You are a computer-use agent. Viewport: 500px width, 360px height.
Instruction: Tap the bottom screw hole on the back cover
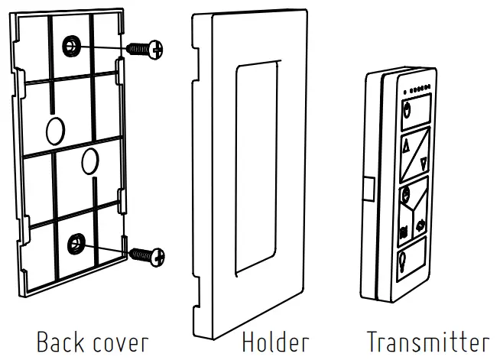pos(76,245)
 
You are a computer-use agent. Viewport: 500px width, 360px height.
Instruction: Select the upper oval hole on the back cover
pos(55,131)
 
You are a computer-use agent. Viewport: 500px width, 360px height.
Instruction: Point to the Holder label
pos(276,340)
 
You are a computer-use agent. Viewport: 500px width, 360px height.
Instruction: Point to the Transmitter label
pos(426,340)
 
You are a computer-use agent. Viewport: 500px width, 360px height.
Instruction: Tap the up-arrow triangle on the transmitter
pos(406,143)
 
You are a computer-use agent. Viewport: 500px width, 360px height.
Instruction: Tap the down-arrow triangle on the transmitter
pos(423,161)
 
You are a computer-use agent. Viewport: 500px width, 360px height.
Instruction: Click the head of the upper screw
pos(157,50)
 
